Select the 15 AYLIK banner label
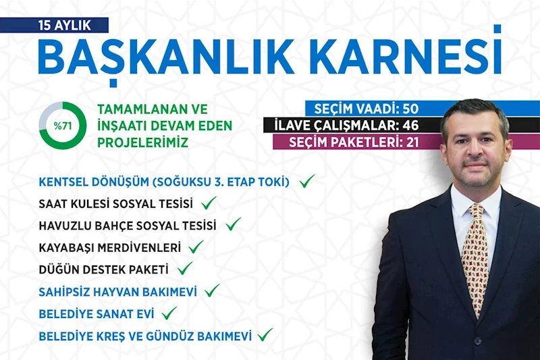coord(63,26)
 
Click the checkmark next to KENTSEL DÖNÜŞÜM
coord(308,181)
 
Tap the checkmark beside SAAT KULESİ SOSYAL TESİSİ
coord(209,203)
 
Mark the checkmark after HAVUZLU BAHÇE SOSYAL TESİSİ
coord(234,224)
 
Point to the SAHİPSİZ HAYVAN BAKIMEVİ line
coord(119,291)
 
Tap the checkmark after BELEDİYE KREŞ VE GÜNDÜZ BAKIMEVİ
coord(265,334)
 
